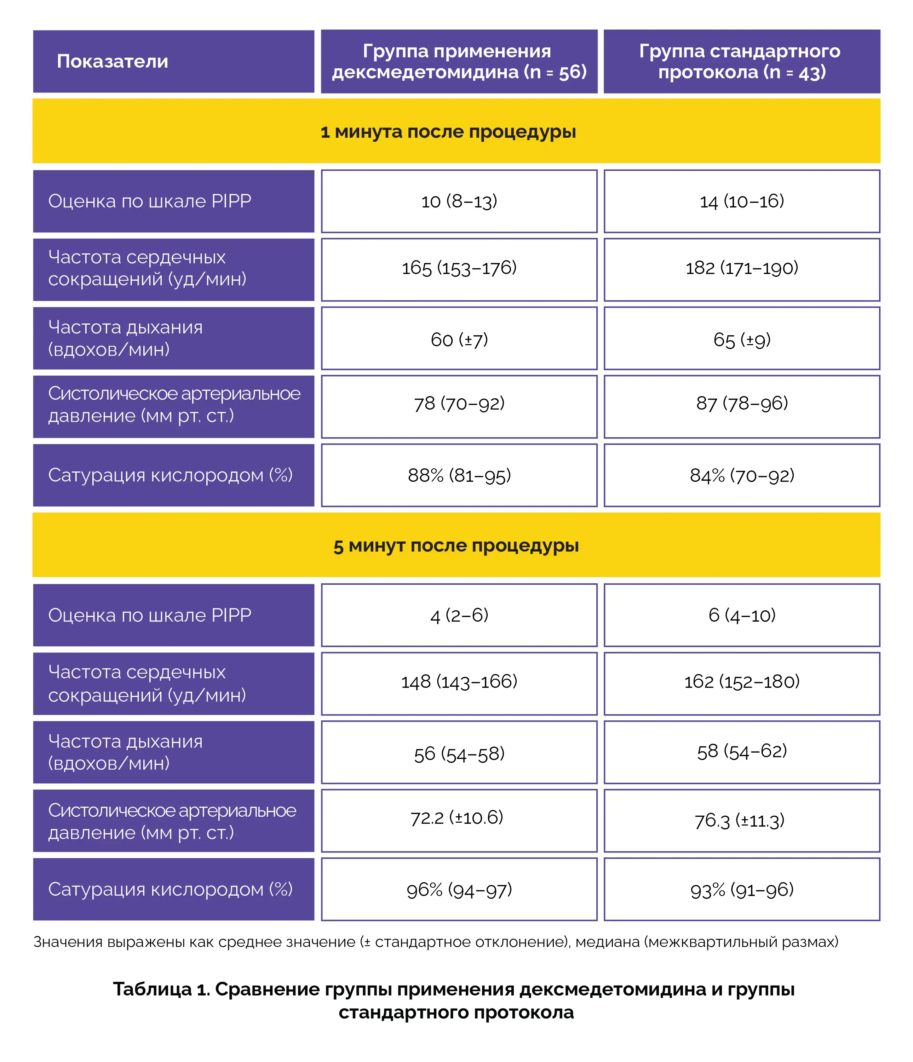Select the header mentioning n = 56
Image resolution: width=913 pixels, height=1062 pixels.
[459, 62]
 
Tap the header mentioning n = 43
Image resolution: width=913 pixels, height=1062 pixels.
[742, 62]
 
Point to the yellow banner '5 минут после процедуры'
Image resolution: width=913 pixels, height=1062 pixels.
[456, 546]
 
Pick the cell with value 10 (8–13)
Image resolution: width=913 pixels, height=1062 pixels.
[459, 201]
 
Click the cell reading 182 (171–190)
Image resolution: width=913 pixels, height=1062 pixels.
[742, 268]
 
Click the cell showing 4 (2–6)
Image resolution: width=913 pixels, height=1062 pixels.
[459, 615]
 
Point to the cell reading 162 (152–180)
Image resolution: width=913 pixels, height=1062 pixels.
[742, 682]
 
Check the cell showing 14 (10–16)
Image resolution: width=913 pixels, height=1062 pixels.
[742, 201]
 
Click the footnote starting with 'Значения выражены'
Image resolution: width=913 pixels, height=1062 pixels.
[436, 942]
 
